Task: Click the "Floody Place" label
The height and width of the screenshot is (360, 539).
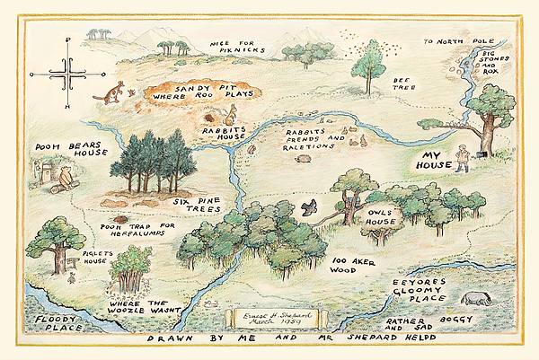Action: click(x=49, y=324)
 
